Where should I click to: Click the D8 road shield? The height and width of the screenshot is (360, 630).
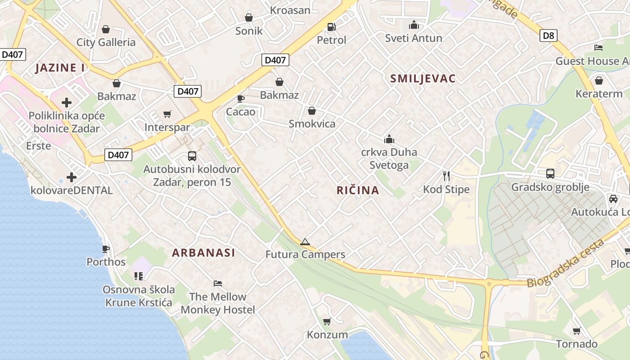pyautogui.click(x=548, y=35)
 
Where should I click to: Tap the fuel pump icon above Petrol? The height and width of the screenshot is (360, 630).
pyautogui.click(x=332, y=27)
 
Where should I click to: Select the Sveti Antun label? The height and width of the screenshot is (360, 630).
pyautogui.click(x=414, y=38)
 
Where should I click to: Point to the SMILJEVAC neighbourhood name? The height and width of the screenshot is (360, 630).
pyautogui.click(x=423, y=79)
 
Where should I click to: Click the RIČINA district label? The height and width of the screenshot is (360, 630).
pyautogui.click(x=358, y=190)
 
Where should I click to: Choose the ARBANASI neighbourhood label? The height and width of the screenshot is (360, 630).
pyautogui.click(x=203, y=253)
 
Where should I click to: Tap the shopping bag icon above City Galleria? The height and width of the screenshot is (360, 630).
pyautogui.click(x=106, y=29)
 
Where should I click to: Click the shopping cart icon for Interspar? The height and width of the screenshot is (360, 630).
pyautogui.click(x=167, y=114)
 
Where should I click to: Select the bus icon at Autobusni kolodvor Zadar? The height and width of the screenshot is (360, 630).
pyautogui.click(x=192, y=156)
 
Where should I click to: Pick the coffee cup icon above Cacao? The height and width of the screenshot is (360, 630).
pyautogui.click(x=241, y=99)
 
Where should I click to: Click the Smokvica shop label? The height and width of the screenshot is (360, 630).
pyautogui.click(x=312, y=124)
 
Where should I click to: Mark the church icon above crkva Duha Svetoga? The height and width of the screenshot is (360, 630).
pyautogui.click(x=389, y=139)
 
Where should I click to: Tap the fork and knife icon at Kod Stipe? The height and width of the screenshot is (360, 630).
pyautogui.click(x=446, y=176)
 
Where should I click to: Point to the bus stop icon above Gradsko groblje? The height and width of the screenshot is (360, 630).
pyautogui.click(x=550, y=173)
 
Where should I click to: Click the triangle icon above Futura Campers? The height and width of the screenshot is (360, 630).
pyautogui.click(x=305, y=242)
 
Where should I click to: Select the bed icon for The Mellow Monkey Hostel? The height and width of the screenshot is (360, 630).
pyautogui.click(x=218, y=283)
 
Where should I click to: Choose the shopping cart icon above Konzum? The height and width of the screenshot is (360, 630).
pyautogui.click(x=327, y=321)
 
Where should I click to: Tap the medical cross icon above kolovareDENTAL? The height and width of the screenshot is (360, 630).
pyautogui.click(x=71, y=177)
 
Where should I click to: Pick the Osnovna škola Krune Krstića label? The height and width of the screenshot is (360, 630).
pyautogui.click(x=139, y=296)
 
